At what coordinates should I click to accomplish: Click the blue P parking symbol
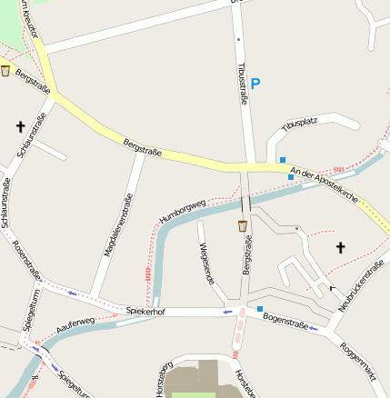(255, 84)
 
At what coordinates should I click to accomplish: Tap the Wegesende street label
(207, 264)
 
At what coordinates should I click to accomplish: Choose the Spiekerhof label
(145, 311)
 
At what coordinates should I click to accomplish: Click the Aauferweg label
(75, 324)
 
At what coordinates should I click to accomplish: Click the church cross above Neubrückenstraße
(341, 246)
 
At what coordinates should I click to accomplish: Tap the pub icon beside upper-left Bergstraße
(5, 70)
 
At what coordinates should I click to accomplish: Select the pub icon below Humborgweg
(242, 225)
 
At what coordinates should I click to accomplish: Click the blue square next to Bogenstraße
(260, 310)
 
